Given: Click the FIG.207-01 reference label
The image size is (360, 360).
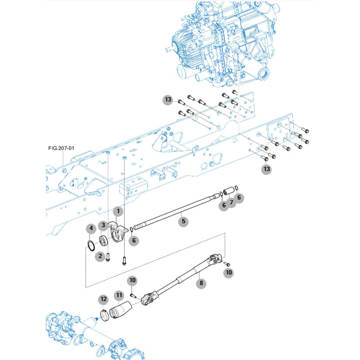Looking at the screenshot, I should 61,148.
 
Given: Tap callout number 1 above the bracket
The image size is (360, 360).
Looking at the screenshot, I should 117,212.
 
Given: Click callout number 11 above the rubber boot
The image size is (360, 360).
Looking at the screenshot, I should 119,296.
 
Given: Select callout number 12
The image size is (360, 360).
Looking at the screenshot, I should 103,299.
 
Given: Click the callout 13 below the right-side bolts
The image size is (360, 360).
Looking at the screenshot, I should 266,168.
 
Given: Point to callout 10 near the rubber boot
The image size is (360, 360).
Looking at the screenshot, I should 133,280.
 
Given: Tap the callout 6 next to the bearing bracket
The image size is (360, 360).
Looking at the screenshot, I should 134,240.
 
